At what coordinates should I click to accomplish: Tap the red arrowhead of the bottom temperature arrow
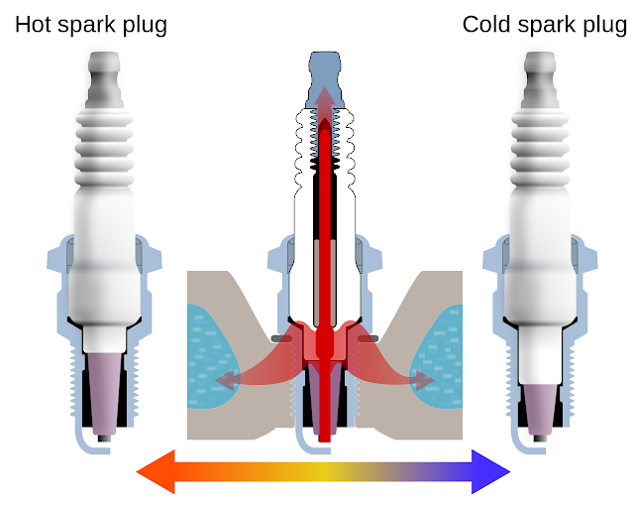156,472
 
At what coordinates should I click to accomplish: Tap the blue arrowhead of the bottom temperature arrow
491,472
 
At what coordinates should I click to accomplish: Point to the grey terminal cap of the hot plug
104,79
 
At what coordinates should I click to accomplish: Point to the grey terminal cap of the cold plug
540,79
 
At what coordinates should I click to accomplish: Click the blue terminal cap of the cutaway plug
325,79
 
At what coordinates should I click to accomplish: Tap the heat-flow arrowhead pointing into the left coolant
225,380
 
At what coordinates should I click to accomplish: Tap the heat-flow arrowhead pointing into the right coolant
425,380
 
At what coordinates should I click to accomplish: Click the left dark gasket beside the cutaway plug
281,338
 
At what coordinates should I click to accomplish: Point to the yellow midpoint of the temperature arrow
324,472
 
